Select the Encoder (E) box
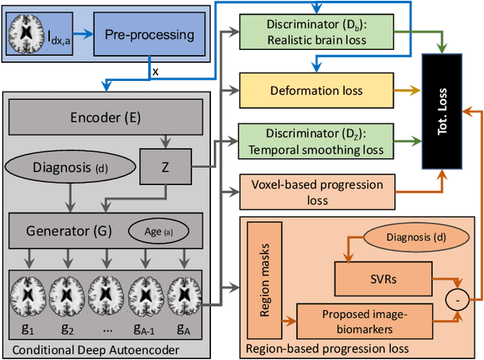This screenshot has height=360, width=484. click(104, 117)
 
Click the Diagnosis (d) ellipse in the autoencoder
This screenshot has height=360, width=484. click(69, 166)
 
